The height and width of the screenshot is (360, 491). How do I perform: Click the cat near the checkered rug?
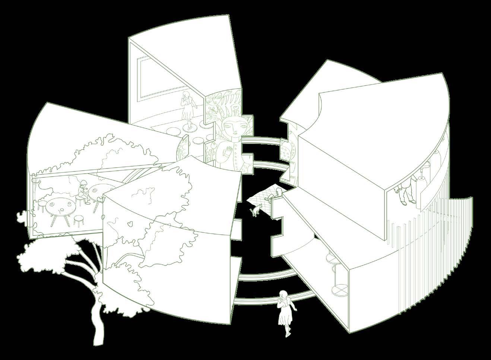[256, 211]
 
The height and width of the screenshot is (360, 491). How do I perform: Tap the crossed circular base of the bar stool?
[340, 290]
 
